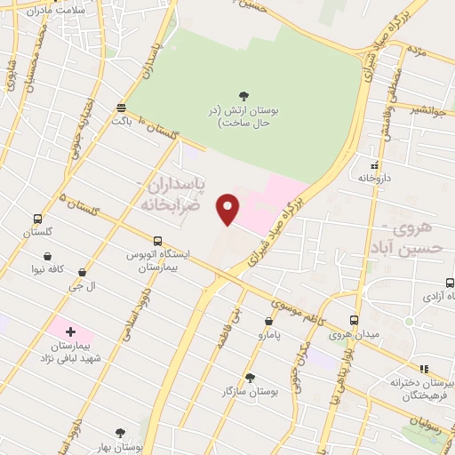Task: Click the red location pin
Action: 229,208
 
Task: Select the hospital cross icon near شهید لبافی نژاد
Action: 70,331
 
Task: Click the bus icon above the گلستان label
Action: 37,219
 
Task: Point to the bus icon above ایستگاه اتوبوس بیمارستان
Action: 157,241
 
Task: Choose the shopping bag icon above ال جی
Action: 83,274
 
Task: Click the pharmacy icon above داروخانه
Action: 374,165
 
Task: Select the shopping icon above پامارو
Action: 268,322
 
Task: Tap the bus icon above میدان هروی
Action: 354,321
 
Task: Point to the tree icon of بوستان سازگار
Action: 250,378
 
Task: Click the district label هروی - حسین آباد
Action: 403,236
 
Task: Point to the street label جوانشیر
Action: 427,110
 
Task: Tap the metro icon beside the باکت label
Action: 121,108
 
